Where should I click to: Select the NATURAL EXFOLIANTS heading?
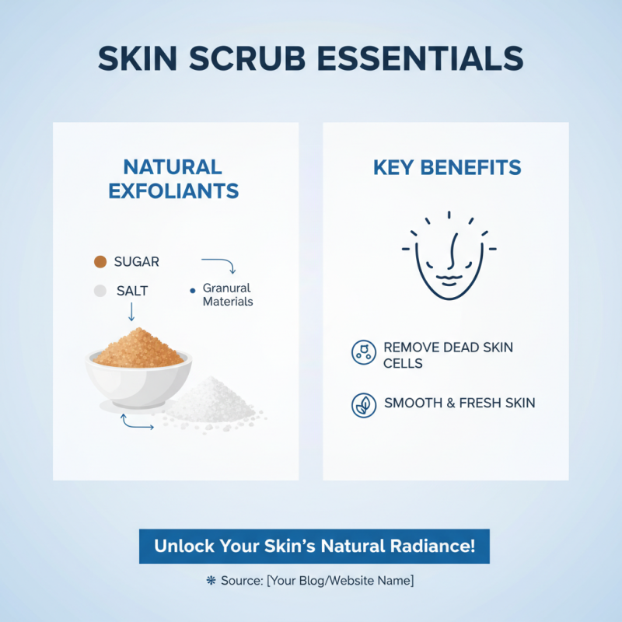pos(173,179)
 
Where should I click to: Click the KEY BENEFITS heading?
pos(446,167)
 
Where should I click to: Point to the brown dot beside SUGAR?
pos(100,262)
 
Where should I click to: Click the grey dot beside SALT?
pos(100,291)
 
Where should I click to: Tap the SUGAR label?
pos(137,262)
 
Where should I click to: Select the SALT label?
pos(132,291)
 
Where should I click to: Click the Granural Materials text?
pos(227,295)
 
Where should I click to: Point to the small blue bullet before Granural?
pos(192,290)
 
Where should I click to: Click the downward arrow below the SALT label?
pos(131,312)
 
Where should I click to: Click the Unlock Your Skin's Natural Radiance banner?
pos(313,546)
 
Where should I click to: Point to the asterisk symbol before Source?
pos(210,581)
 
